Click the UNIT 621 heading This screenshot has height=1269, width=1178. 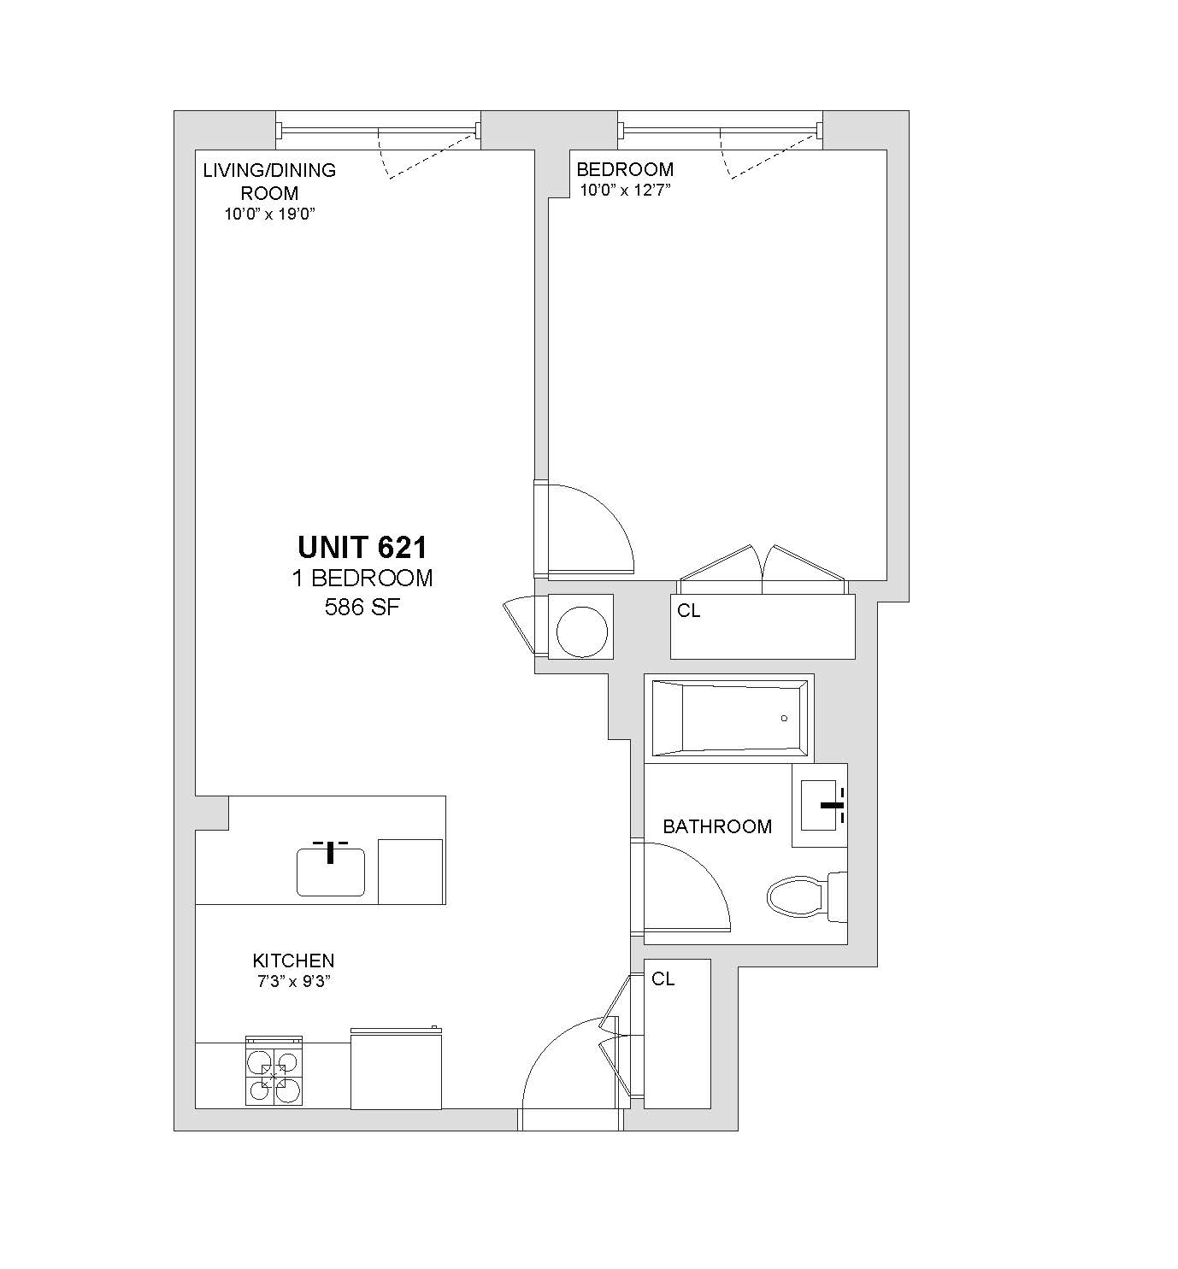pyautogui.click(x=362, y=548)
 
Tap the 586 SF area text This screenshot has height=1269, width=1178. pyautogui.click(x=362, y=607)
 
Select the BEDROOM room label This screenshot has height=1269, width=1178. pyautogui.click(x=625, y=169)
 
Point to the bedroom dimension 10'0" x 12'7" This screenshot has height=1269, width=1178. pyautogui.click(x=625, y=190)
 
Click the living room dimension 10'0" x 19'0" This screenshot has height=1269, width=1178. pyautogui.click(x=270, y=214)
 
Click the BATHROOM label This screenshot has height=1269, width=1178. pyautogui.click(x=717, y=826)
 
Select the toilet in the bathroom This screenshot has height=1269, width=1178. pyautogui.click(x=807, y=897)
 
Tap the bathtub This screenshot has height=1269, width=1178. pyautogui.click(x=730, y=718)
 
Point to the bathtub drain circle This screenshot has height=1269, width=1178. pyautogui.click(x=784, y=718)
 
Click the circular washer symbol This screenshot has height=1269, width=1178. pyautogui.click(x=582, y=632)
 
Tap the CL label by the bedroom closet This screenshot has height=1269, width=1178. pyautogui.click(x=688, y=611)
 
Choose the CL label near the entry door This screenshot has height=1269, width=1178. pyautogui.click(x=663, y=979)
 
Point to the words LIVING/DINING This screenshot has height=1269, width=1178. pyautogui.click(x=269, y=170)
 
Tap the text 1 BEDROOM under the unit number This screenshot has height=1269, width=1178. pyautogui.click(x=362, y=579)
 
